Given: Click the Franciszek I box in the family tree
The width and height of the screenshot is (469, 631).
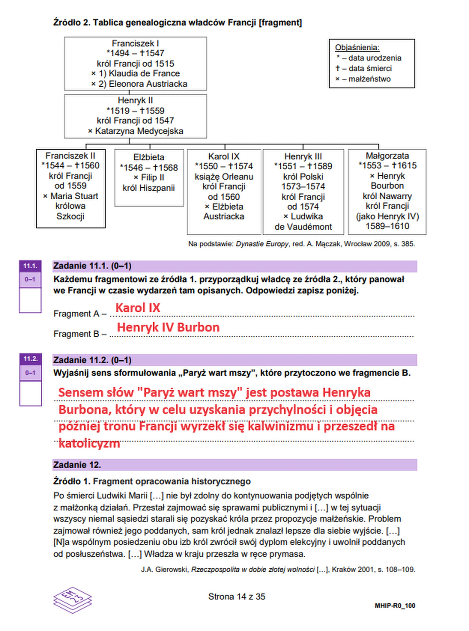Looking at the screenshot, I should pos(135,63).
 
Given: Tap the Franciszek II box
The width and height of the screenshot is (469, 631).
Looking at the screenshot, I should pos(71,188).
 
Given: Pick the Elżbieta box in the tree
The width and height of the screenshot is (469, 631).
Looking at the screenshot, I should pos(149,178).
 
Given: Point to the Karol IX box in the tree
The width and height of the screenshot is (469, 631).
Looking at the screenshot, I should pos(224,192).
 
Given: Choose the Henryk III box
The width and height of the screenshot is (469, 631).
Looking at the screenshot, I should pos(303,192).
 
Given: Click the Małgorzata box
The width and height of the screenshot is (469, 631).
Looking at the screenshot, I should pos(387,192).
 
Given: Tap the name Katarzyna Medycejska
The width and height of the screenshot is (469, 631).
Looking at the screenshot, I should pos(139,131).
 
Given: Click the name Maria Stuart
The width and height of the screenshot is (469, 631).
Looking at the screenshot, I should pos(74,196).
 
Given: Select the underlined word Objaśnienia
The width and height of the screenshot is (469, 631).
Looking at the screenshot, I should pos(357,47).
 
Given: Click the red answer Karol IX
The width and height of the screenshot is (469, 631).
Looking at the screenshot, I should pos(138,308).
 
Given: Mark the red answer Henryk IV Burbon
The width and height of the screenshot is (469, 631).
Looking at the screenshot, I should pos(168,327).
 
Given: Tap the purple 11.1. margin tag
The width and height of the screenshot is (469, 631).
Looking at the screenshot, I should pos(30,266).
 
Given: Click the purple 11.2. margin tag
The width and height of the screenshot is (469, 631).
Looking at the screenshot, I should pos(30,359).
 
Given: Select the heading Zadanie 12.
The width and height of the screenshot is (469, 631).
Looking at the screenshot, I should pos(77,465).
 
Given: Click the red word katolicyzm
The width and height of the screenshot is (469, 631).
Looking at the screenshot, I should pos(89,444).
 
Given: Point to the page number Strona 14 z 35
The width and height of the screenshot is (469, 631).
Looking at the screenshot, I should pos(236,596).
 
